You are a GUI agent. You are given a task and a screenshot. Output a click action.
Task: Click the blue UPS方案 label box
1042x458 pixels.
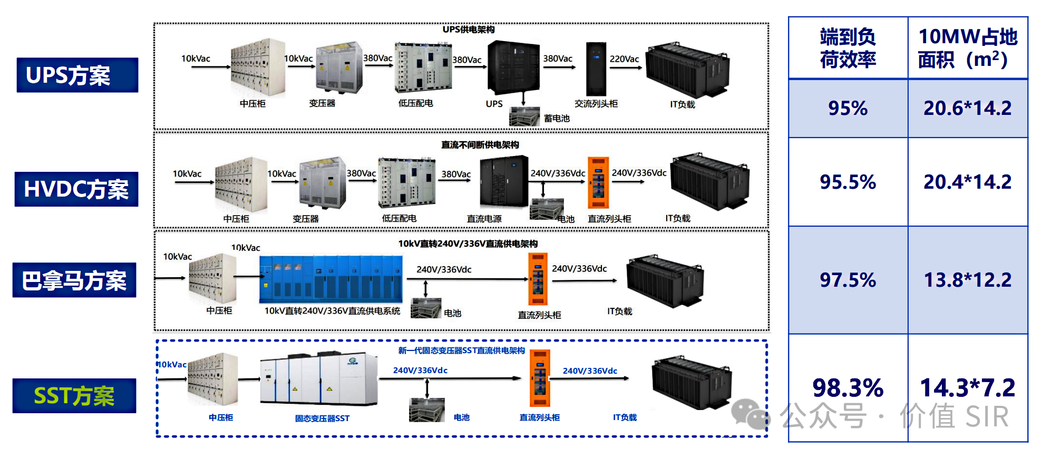coord(77,75)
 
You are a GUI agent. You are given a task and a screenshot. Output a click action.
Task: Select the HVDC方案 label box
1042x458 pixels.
coord(76,189)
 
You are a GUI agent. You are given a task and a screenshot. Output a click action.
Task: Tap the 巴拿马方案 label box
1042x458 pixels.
coord(74,280)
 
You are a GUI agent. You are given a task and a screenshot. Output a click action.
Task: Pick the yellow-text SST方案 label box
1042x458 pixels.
coord(74,396)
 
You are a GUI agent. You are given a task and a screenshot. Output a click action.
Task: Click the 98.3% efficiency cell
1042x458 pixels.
coord(848,388)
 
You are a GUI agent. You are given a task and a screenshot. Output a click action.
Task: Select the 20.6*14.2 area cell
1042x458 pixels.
coord(967,108)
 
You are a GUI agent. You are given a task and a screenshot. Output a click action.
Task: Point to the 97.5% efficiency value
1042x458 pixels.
coord(848,280)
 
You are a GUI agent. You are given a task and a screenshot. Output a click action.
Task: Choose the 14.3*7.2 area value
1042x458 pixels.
coord(967,388)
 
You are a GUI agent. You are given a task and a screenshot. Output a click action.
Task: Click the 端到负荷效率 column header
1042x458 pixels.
coord(848,48)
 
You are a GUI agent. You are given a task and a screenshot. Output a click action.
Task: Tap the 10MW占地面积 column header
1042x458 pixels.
coord(967,48)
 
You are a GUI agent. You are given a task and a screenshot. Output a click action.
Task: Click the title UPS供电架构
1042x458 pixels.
coord(468,30)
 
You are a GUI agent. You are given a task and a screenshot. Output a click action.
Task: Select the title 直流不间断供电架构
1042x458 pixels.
coord(480,145)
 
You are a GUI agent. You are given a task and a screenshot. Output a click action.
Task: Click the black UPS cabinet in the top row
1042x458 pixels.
coord(513,67)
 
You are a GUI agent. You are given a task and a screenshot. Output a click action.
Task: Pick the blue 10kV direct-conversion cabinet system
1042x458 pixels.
coord(331,279)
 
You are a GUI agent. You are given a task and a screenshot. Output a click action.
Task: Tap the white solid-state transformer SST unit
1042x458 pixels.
coord(319,379)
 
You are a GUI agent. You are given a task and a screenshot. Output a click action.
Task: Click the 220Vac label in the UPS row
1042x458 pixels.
coord(624,59)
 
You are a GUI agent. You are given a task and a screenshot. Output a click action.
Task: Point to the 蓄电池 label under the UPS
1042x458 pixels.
coord(557,119)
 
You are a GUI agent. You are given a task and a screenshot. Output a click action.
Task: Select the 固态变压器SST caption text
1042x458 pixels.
coord(322,418)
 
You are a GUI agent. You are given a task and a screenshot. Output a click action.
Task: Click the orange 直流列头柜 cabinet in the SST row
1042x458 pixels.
coord(540,378)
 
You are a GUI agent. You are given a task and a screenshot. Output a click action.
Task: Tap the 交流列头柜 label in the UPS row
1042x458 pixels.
coord(596,104)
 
